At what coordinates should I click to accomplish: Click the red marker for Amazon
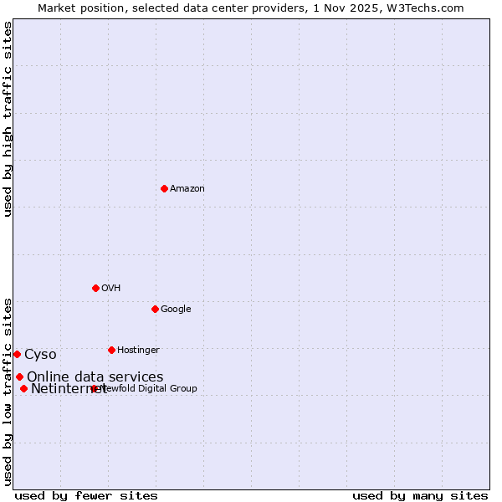(x=164, y=188)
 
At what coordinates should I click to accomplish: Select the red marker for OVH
(x=95, y=288)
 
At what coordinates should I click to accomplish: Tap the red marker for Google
(x=155, y=309)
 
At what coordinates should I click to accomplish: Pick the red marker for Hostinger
(x=111, y=350)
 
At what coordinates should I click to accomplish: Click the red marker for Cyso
(x=17, y=354)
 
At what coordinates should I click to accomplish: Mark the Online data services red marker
(x=19, y=376)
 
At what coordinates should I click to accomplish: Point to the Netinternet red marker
(x=23, y=388)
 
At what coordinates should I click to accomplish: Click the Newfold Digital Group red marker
(x=94, y=388)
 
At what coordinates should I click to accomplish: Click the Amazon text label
(x=187, y=189)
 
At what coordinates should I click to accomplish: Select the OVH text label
(x=111, y=289)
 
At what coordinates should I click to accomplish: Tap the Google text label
(x=176, y=310)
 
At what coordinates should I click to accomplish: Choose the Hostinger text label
(x=138, y=351)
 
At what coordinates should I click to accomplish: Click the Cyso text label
(x=40, y=355)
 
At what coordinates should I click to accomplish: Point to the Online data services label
(x=95, y=377)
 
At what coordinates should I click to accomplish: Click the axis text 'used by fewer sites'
(x=86, y=495)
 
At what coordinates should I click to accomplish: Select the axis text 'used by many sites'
(x=420, y=495)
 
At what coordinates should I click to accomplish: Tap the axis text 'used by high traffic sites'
(x=8, y=119)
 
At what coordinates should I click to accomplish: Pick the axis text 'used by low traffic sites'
(x=8, y=391)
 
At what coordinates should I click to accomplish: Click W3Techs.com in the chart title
(x=430, y=8)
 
